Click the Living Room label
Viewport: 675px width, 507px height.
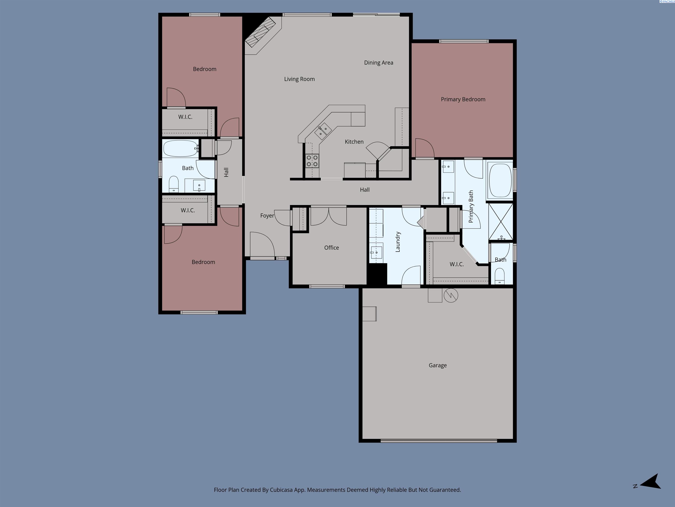299,79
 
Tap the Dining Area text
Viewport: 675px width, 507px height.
378,63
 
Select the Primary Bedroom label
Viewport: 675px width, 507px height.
463,99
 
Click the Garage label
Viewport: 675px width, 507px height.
438,365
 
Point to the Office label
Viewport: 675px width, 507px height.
331,248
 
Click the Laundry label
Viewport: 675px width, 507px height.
398,242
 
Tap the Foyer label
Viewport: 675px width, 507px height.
267,216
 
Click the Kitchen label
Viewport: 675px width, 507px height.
354,142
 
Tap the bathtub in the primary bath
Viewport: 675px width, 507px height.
500,180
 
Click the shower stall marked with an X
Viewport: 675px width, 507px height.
501,222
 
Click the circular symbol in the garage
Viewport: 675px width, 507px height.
451,296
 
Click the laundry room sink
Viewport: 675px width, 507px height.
376,252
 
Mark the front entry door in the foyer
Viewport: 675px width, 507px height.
262,244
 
